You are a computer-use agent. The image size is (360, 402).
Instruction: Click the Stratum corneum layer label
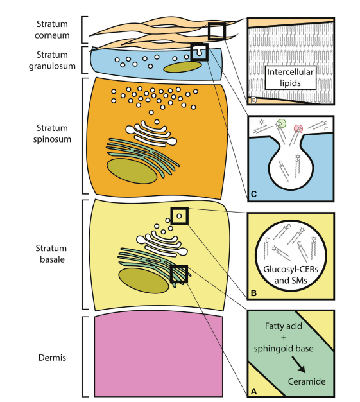coord(52,30)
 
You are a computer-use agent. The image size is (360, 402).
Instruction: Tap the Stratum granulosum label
coord(52,60)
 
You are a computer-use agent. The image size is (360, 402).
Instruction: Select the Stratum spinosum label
coord(52,134)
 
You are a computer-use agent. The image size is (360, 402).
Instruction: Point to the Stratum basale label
coord(52,254)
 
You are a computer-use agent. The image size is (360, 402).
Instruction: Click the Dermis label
coord(52,358)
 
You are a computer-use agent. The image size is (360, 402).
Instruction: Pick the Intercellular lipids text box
coord(290,78)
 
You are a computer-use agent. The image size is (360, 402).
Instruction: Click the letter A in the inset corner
coord(253,391)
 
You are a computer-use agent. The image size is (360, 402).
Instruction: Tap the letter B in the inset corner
coord(253,293)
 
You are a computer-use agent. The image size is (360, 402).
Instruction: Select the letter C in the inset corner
coord(253,194)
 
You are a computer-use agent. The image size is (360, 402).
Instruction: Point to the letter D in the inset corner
coord(253,100)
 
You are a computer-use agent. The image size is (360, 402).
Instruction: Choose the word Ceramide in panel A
coord(307,381)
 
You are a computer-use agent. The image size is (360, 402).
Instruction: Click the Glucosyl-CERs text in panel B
coord(291,269)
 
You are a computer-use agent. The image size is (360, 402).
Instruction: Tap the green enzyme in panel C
coord(282,123)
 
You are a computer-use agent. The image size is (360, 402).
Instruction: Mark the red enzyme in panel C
coord(298,128)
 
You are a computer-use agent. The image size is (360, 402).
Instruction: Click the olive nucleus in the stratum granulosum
coord(182,67)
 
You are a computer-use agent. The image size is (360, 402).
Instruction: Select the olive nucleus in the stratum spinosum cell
coord(132,171)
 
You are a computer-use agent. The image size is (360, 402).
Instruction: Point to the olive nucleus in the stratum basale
coord(143,281)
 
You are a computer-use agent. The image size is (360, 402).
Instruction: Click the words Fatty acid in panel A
coord(284,326)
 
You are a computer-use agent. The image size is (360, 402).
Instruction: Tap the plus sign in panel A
coord(284,338)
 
